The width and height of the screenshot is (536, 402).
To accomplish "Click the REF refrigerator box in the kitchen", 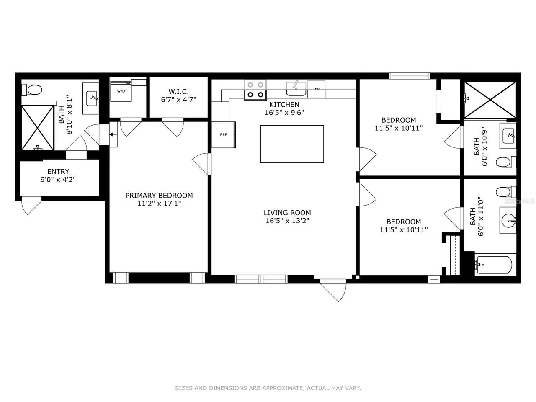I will point(224,134).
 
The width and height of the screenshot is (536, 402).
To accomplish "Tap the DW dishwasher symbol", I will point(317,89).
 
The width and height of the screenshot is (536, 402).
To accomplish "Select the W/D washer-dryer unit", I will point(121,91).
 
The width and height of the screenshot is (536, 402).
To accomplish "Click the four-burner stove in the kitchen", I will point(255,90).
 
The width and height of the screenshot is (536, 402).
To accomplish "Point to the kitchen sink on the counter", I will point(296,88).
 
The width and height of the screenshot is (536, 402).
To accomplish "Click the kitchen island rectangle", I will point(292,144).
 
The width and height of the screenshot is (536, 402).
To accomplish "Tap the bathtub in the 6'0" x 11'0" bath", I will point(493,265).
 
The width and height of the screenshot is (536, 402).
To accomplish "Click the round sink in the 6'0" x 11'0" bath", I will point(509,219).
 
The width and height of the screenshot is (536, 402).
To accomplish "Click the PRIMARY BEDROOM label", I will point(159,196).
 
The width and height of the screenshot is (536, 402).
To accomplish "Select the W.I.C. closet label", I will point(179,91).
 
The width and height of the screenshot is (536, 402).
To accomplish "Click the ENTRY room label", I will point(58,171).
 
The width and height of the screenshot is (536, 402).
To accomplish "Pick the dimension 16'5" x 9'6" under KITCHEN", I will point(284,112).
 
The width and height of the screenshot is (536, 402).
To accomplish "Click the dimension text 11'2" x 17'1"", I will point(159,204).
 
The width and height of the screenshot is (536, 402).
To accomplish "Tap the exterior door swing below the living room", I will point(334,290).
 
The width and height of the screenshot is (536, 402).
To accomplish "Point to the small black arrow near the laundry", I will point(112,134).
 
